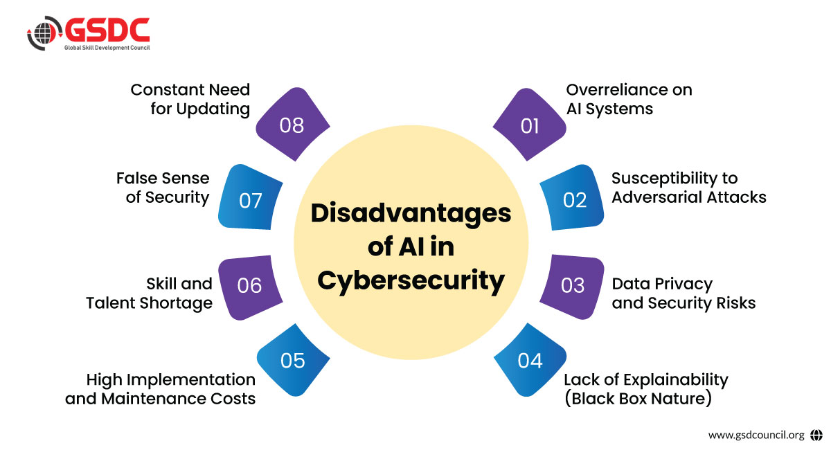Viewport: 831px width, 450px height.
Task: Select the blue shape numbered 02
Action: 575,199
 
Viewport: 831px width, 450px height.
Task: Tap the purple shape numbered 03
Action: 573,285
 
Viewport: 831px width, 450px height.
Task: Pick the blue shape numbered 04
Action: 529,360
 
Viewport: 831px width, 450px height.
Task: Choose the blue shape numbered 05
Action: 293,360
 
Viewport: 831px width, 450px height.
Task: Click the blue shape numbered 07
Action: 251,199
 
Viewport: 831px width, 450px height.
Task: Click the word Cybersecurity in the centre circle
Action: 411,280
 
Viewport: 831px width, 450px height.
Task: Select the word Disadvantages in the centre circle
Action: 411,213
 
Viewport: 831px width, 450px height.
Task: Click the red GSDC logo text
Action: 108,30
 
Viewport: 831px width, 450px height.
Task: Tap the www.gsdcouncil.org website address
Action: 756,435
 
